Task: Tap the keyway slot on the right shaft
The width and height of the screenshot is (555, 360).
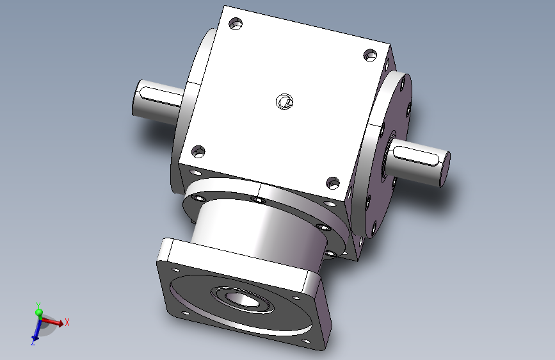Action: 415,154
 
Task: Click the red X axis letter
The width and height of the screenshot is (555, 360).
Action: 67,322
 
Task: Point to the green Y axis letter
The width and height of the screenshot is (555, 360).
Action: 38,306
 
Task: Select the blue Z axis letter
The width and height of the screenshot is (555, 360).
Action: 32,343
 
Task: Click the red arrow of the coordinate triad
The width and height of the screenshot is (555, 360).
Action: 56,322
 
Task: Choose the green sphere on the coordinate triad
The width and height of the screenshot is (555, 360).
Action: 38,313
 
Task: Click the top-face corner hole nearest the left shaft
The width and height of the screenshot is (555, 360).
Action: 198,151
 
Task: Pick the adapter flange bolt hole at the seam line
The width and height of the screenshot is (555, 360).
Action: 258,200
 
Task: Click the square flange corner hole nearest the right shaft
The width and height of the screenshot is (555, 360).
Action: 296,298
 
